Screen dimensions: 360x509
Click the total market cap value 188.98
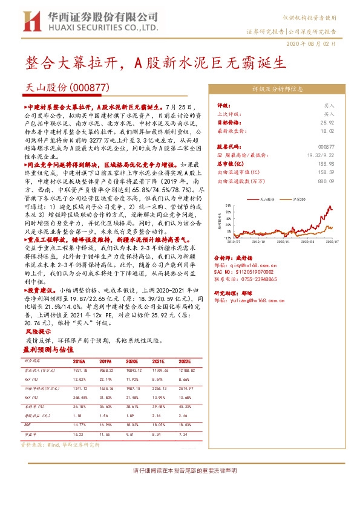(x=327, y=163)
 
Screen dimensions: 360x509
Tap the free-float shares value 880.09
(x=327, y=180)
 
